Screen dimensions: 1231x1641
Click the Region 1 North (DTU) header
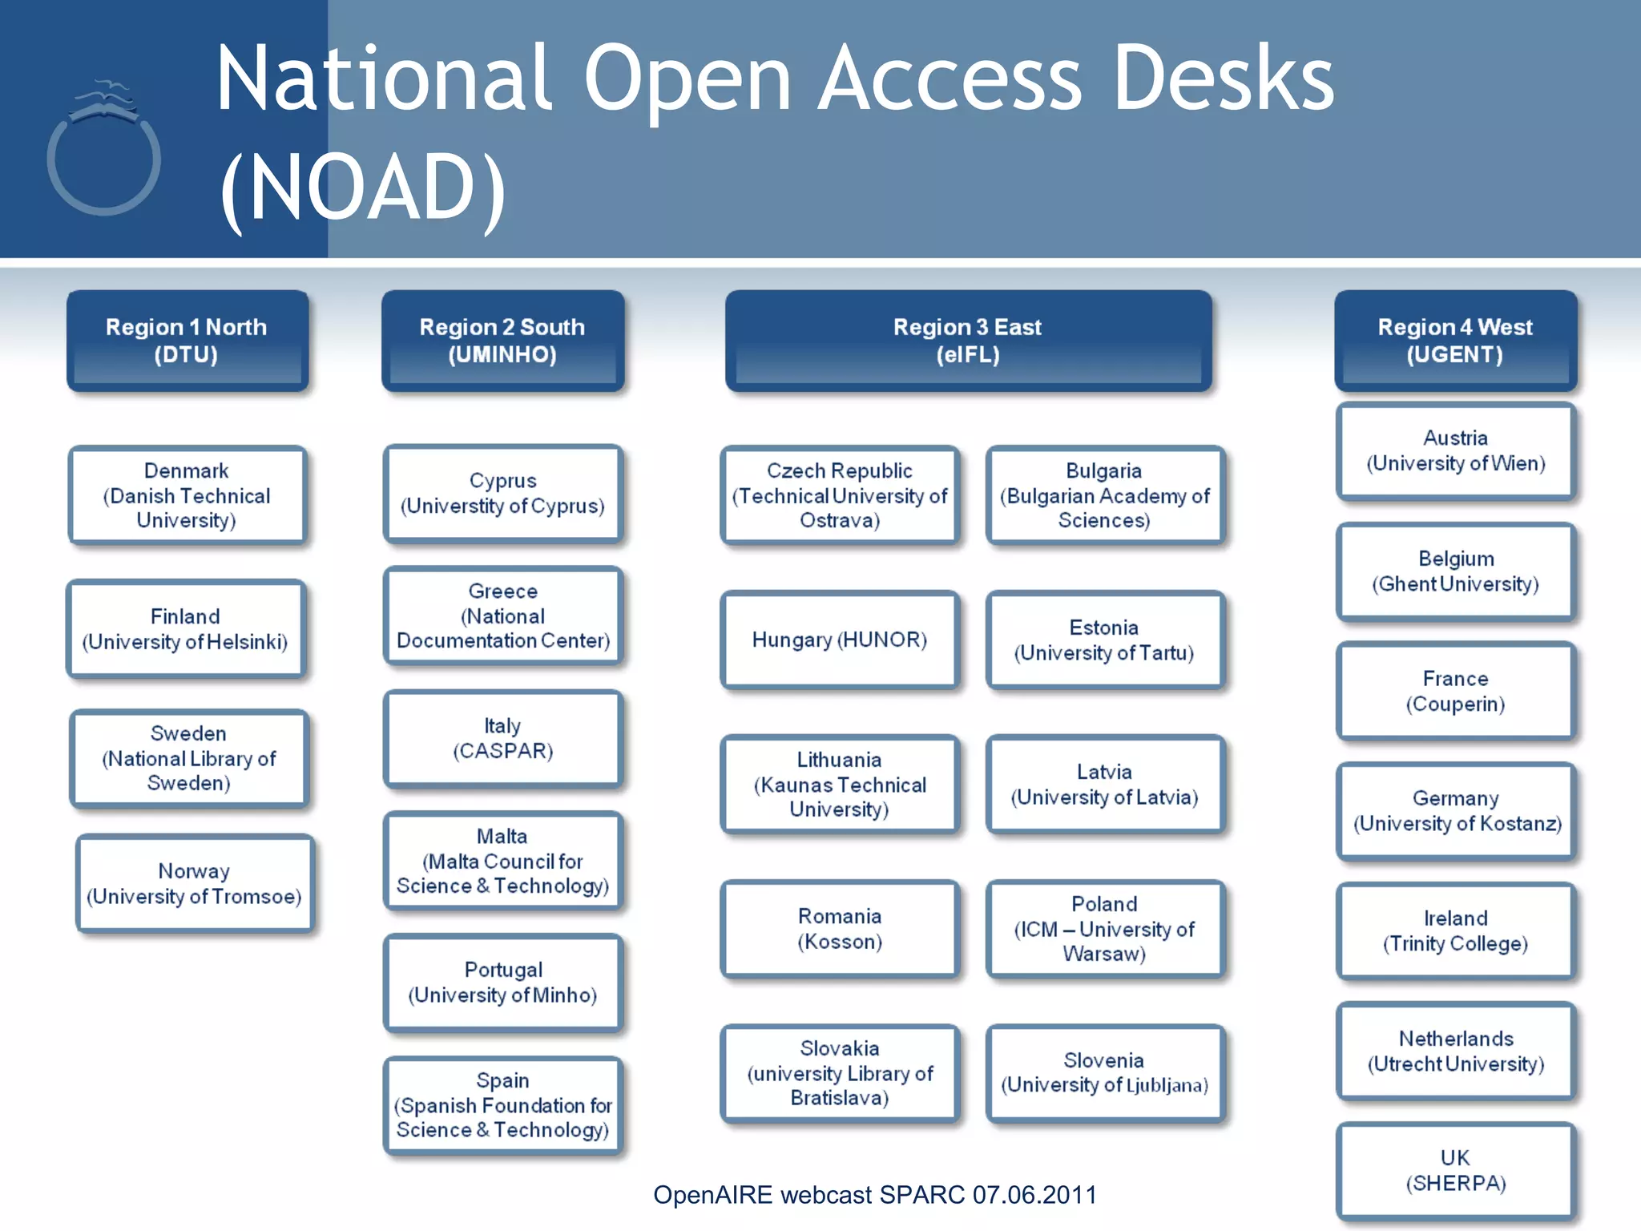[187, 341]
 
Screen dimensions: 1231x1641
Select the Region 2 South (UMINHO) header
[502, 341]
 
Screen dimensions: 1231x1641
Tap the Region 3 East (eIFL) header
[967, 341]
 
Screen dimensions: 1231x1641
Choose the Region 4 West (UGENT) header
[1454, 341]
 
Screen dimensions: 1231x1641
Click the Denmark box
[187, 495]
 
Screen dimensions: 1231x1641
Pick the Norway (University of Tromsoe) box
[194, 883]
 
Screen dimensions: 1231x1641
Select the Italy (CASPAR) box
[502, 738]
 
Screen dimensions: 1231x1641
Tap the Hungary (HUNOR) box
[839, 640]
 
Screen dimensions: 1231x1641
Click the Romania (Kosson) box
[839, 929]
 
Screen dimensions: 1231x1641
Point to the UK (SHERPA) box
[1455, 1171]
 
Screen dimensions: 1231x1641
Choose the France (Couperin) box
[1455, 691]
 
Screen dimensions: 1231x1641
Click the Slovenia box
[1104, 1073]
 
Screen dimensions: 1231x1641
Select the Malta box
[502, 862]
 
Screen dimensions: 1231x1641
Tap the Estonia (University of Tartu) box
[1104, 640]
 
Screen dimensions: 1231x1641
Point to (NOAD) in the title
[363, 188]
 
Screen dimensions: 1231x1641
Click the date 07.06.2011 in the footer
[1034, 1195]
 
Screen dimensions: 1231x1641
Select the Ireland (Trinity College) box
[1455, 930]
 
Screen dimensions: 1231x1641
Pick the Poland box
[1104, 929]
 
